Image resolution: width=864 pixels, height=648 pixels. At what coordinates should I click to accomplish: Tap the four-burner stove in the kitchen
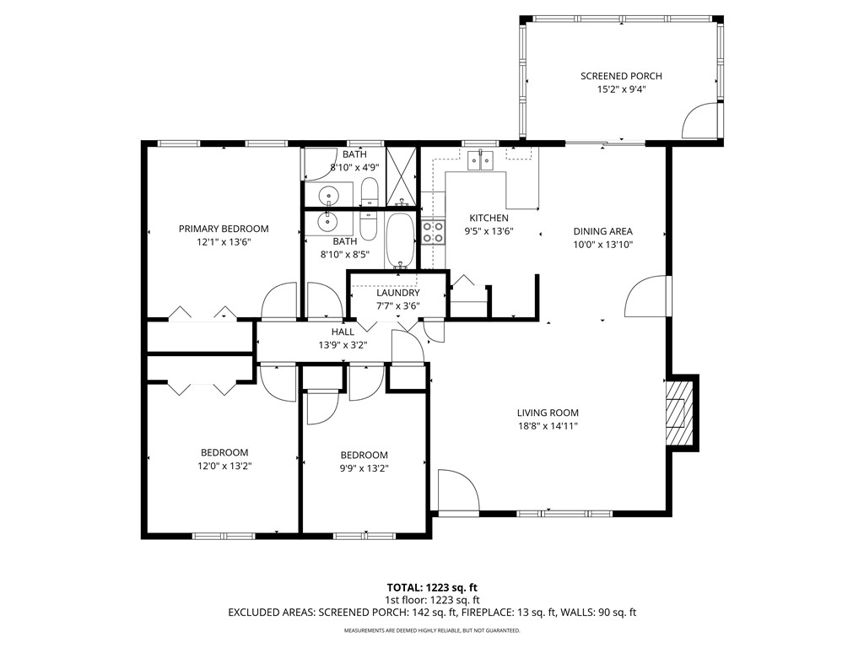tap(433, 232)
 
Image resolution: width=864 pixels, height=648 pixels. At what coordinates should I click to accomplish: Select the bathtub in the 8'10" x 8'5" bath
tap(400, 240)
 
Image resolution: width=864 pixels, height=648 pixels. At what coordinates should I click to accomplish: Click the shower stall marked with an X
tap(402, 175)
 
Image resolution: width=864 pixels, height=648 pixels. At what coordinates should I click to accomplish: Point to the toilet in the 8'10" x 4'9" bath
tap(369, 193)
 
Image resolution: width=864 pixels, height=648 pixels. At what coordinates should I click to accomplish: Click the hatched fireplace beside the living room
tap(679, 413)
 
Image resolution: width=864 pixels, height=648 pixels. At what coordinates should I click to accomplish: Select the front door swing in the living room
tap(458, 491)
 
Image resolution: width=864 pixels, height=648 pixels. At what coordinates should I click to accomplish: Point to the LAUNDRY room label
tap(398, 293)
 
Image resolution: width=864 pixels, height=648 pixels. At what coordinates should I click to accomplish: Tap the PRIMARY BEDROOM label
tap(224, 229)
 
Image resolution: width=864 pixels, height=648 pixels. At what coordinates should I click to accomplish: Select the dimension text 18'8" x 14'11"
tap(548, 426)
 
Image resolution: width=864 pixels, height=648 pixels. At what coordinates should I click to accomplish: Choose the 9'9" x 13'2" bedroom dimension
tap(364, 468)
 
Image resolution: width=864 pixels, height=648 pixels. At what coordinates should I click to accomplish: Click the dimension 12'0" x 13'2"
tap(224, 465)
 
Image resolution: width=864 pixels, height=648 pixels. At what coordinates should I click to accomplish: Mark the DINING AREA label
tap(602, 231)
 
